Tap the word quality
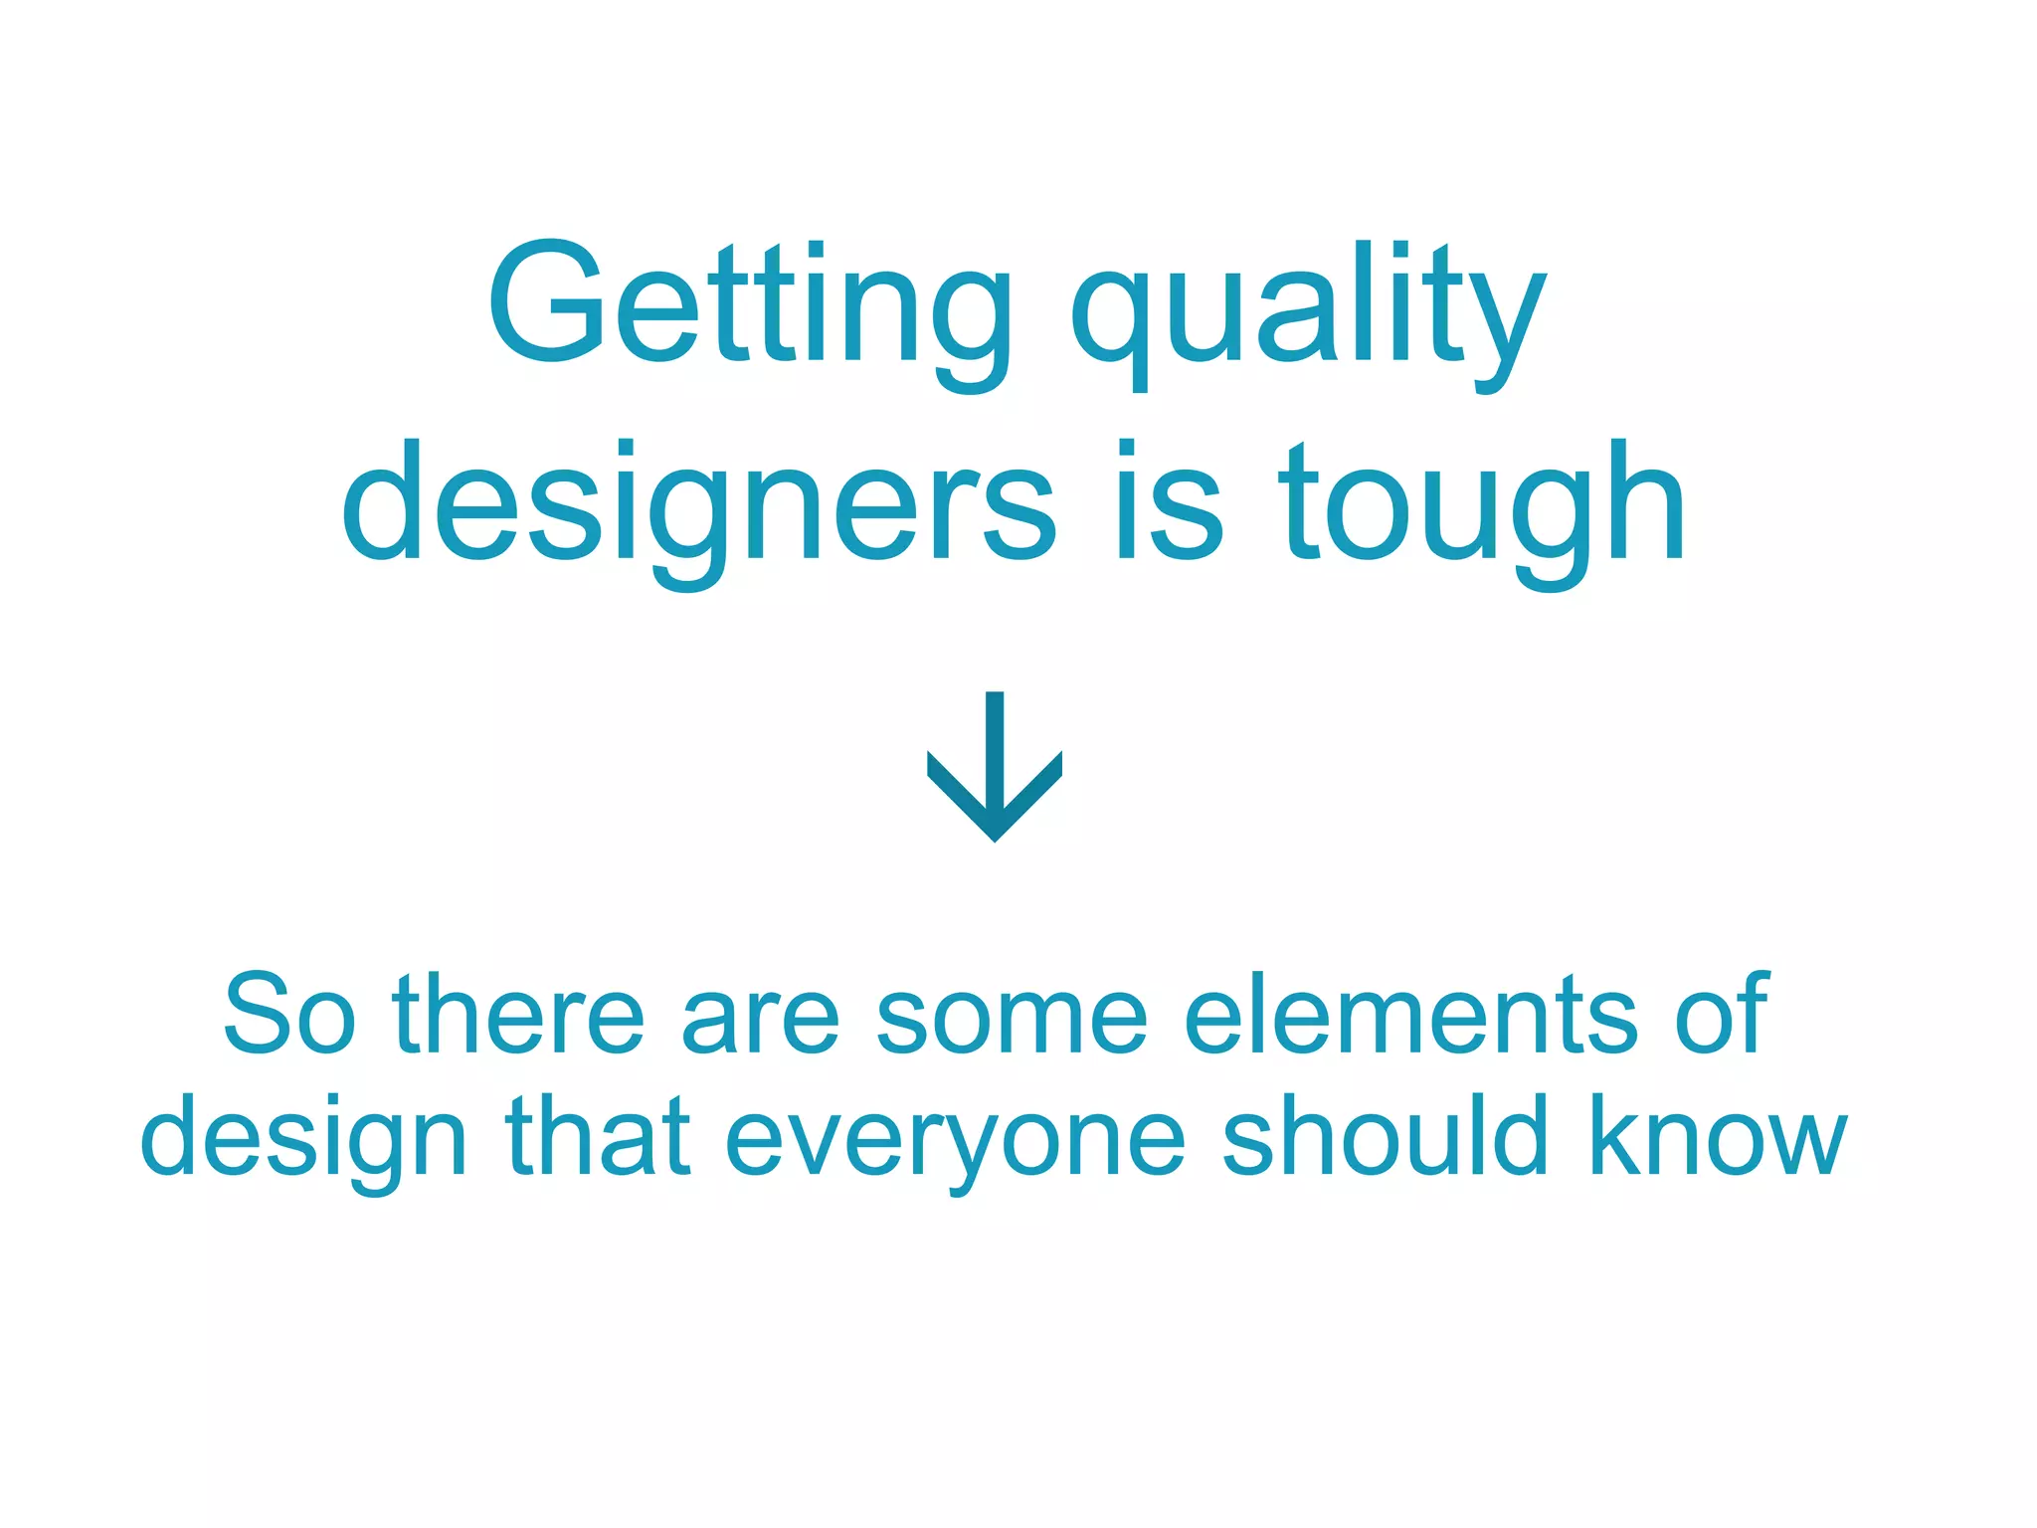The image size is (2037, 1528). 1307,308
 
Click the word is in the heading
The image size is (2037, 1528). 1168,502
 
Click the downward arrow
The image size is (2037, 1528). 995,766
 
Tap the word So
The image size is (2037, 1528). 289,1015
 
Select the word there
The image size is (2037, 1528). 518,1015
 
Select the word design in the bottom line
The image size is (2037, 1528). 303,1139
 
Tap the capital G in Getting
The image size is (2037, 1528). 546,300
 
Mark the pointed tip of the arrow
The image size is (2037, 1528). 995,840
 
